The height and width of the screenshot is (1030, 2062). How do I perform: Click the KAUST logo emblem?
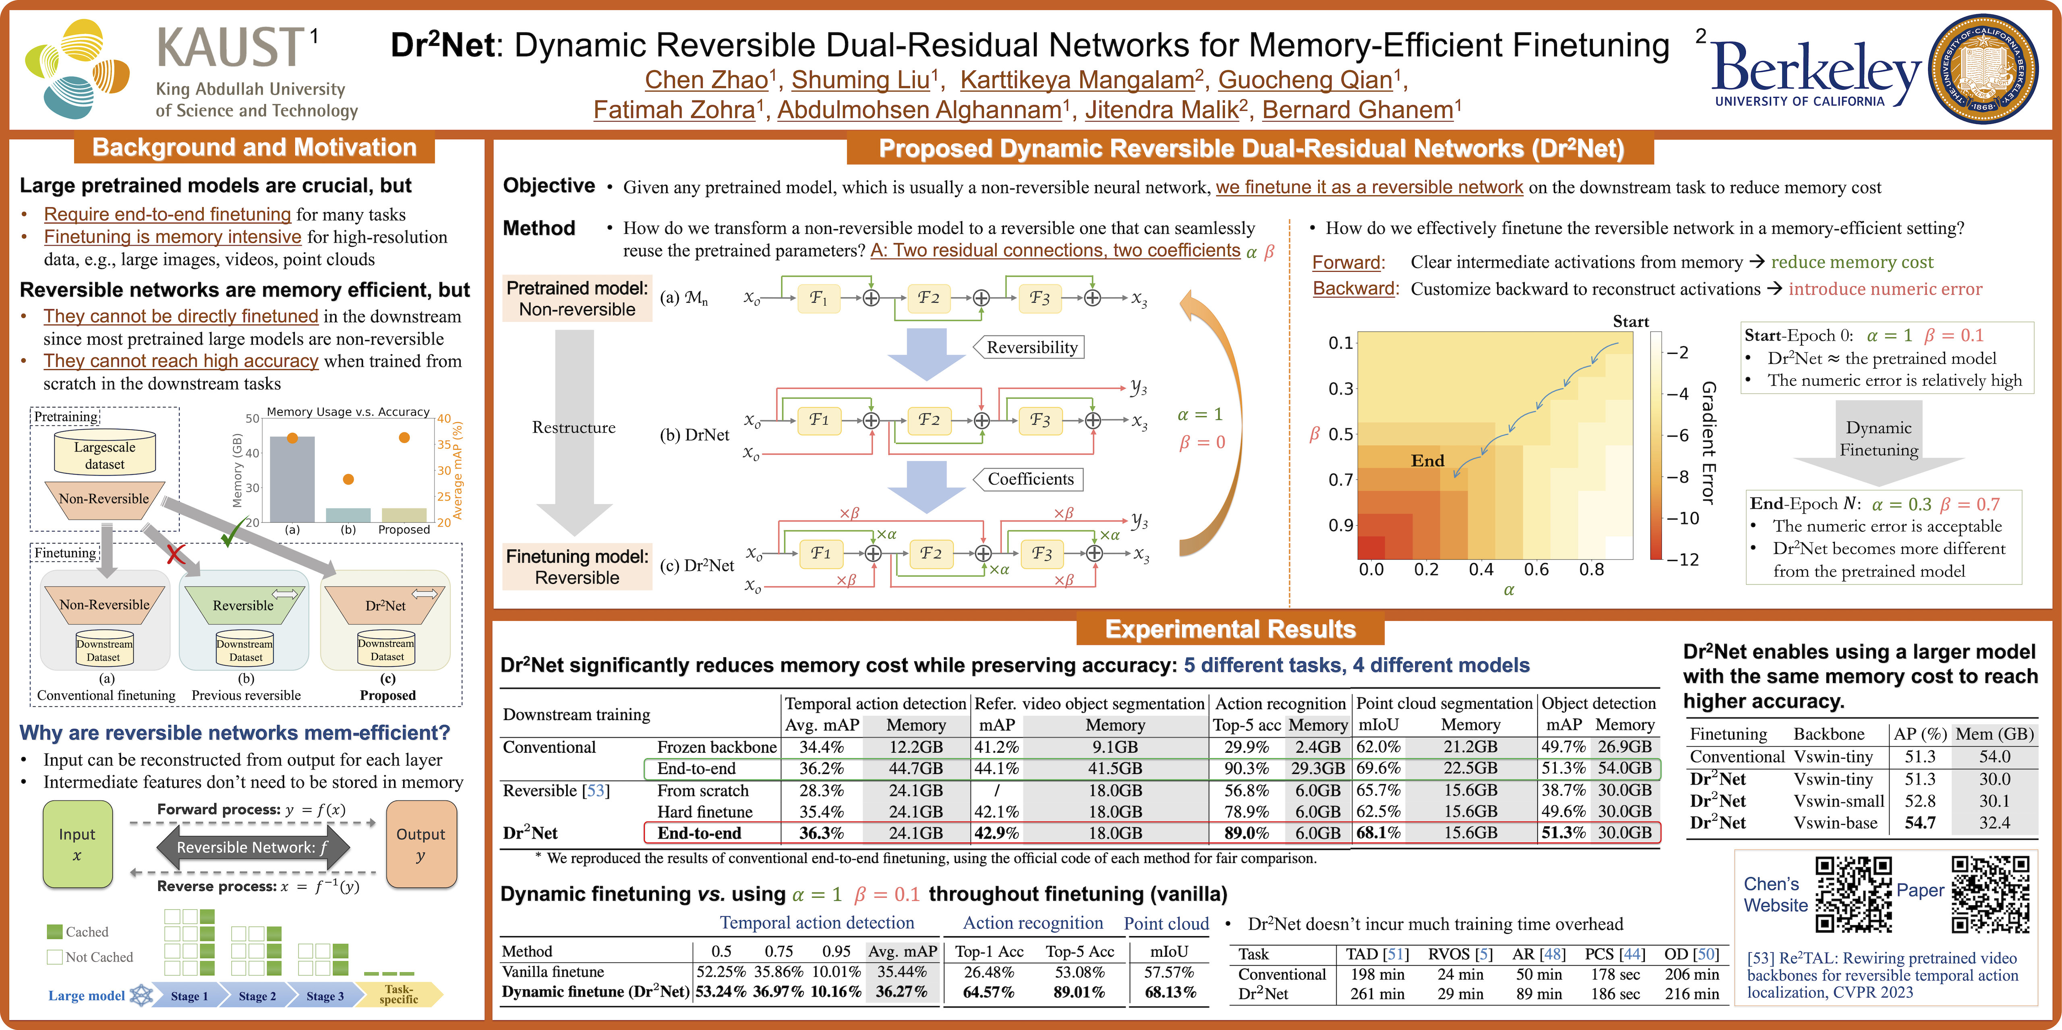tap(78, 70)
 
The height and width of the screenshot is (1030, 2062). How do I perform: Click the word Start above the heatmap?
tap(1631, 322)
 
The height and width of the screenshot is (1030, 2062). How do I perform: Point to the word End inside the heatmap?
tap(1427, 460)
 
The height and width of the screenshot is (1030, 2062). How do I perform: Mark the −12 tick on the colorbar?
tap(1683, 559)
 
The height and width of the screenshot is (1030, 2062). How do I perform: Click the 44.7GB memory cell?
tap(916, 768)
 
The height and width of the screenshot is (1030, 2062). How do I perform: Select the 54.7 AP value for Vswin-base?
tap(1919, 823)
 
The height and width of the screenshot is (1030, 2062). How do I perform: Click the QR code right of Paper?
tap(1990, 895)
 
